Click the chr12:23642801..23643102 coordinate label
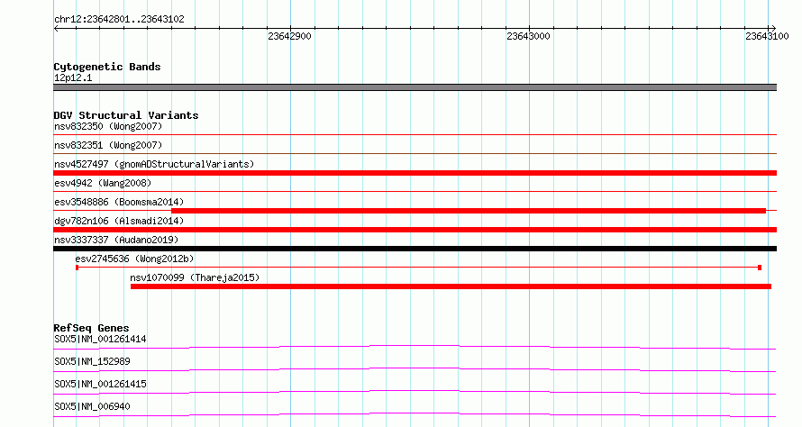coord(119,20)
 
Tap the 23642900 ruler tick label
coord(289,36)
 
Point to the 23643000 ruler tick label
coord(528,36)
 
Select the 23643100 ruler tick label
coord(767,36)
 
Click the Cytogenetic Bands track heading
coord(107,67)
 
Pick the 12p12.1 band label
coord(73,77)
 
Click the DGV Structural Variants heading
coord(126,115)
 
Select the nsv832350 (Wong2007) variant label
coord(108,126)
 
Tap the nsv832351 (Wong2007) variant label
coord(108,145)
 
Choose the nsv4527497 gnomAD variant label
coord(154,164)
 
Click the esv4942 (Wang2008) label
coord(103,183)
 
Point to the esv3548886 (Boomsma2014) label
coord(119,202)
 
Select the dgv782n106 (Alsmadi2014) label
coord(119,221)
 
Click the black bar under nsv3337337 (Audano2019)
coord(415,249)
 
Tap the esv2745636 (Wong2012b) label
coord(134,259)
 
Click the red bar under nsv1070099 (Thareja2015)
coord(451,286)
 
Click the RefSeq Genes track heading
coord(92,328)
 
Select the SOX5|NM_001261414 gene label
coord(100,339)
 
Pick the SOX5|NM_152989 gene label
coord(92,361)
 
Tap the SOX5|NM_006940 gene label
coord(92,406)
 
